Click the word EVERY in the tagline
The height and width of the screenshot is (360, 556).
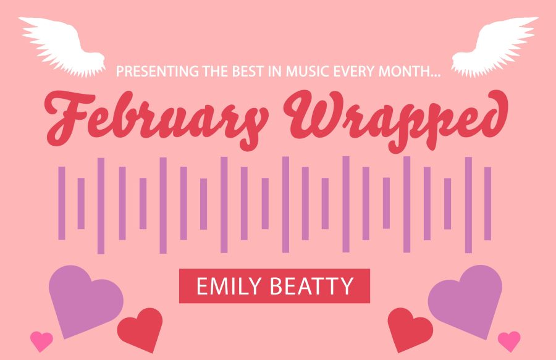tap(354, 71)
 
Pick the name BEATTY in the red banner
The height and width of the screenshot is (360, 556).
tap(312, 287)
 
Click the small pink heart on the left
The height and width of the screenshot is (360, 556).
tap(41, 341)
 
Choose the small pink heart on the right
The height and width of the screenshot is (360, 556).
tap(509, 341)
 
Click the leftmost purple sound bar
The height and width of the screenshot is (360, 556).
tap(62, 203)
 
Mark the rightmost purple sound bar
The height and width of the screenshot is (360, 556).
tap(488, 203)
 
